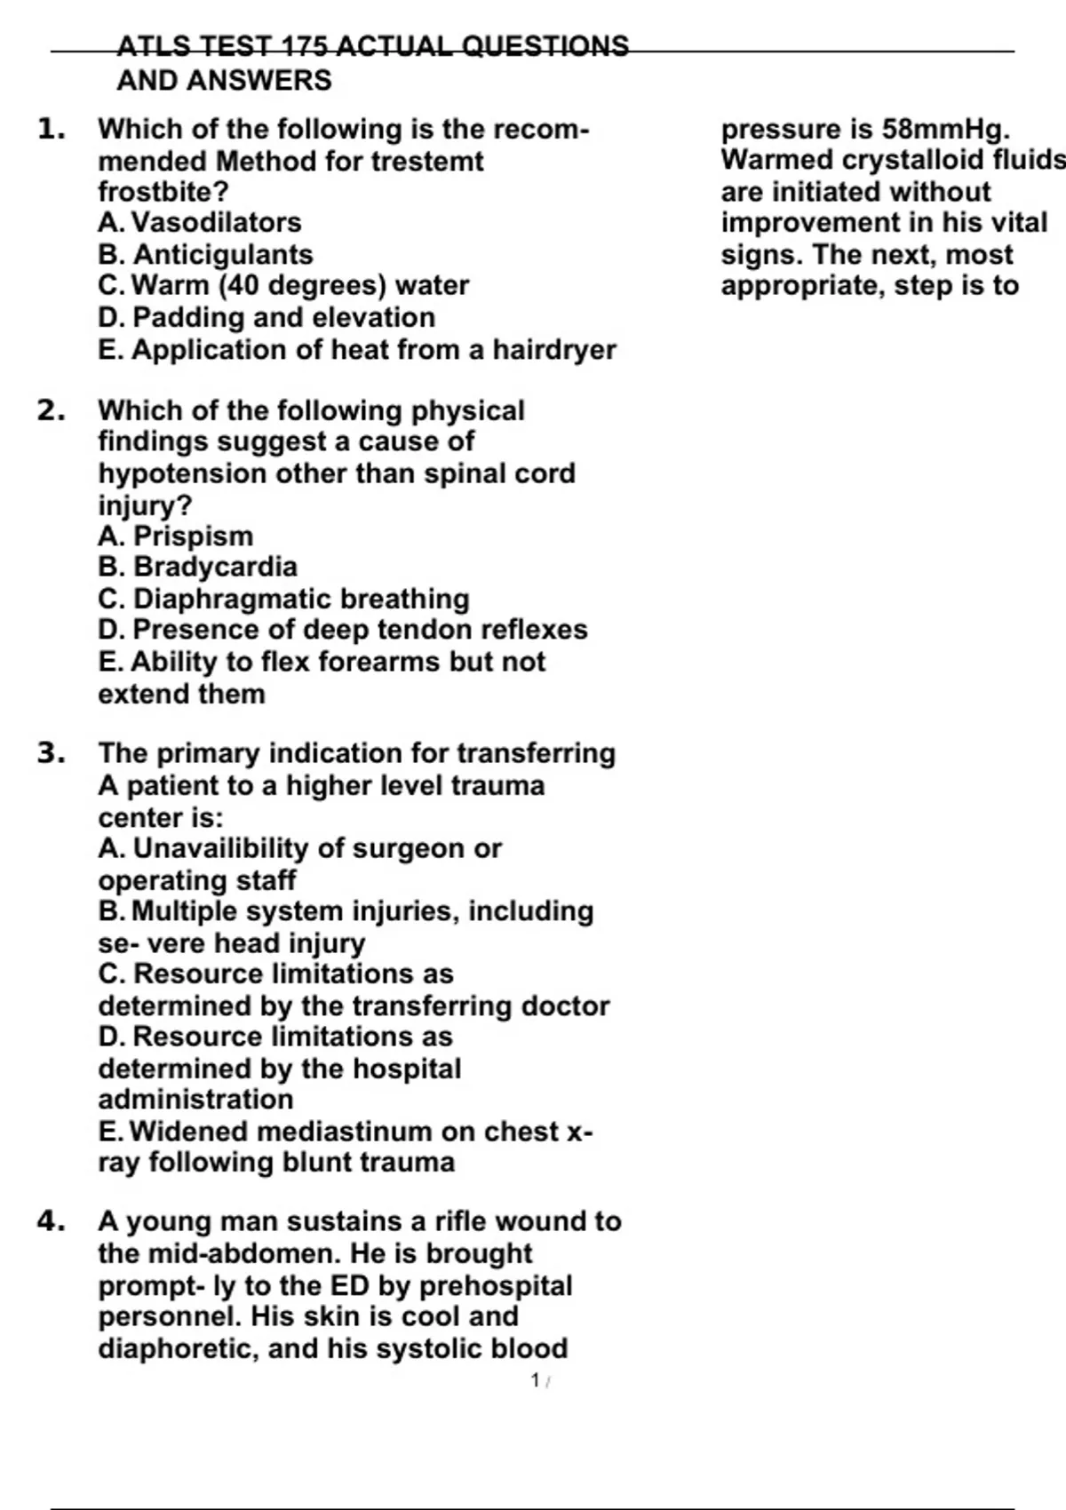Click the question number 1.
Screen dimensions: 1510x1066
(52, 130)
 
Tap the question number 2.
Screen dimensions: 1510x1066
(52, 411)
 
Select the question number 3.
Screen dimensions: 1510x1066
(52, 753)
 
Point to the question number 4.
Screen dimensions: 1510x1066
(52, 1221)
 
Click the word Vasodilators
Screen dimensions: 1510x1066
(217, 222)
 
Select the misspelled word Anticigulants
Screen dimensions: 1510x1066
(223, 255)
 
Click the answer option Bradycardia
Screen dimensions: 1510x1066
(215, 567)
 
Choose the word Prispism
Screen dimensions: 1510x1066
(194, 536)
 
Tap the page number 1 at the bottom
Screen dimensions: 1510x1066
(536, 1380)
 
